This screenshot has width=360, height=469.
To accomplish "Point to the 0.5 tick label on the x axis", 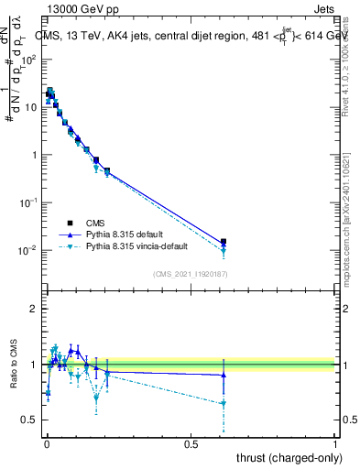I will click(191, 444).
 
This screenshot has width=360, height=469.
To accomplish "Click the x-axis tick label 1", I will click(335, 444).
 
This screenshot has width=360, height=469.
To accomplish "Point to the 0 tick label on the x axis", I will click(47, 444).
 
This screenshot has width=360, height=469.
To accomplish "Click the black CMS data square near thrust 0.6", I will click(224, 242).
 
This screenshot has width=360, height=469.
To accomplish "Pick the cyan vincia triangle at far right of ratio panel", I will click(224, 403).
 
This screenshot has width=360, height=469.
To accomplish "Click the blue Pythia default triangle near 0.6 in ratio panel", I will click(224, 375).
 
